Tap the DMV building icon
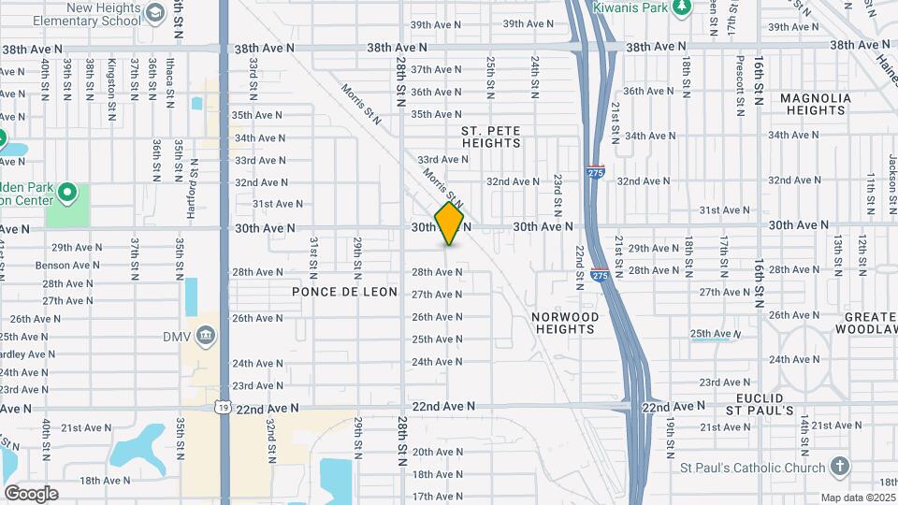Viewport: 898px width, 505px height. (208, 337)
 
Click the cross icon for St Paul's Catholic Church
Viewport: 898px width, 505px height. (840, 468)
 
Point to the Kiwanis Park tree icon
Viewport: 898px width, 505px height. (682, 7)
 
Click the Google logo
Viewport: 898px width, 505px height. (31, 494)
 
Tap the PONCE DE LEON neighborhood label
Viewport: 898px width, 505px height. (344, 293)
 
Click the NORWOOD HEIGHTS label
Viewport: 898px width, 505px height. (565, 324)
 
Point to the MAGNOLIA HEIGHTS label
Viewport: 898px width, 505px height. (815, 104)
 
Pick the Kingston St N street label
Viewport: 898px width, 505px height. (112, 79)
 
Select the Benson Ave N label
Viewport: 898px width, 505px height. (65, 266)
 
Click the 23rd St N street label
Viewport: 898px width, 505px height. (557, 191)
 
